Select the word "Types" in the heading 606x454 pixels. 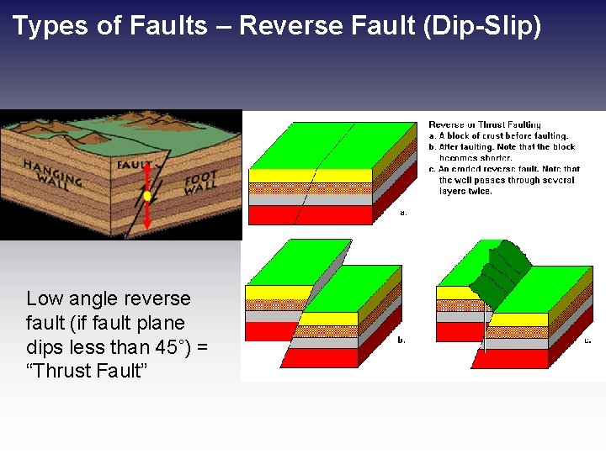coord(49,26)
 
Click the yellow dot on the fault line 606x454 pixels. coord(147,196)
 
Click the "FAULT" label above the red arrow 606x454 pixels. coord(134,165)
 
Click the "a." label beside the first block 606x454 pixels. coord(403,213)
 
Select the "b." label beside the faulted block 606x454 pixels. coord(401,340)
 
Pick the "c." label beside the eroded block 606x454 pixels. coord(587,340)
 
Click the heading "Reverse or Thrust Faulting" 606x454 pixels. coord(485,124)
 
